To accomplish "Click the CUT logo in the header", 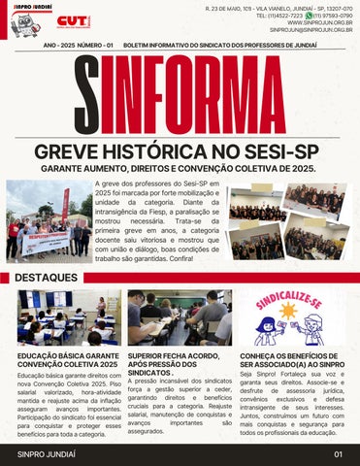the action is (x=74, y=19).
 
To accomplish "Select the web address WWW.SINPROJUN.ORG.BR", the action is (x=317, y=23).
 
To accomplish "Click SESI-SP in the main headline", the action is (x=282, y=152).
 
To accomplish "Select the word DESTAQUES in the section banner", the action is (x=47, y=277).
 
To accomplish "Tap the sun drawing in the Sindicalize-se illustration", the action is (x=288, y=313).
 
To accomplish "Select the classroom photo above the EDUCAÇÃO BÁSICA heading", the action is (x=63, y=317).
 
